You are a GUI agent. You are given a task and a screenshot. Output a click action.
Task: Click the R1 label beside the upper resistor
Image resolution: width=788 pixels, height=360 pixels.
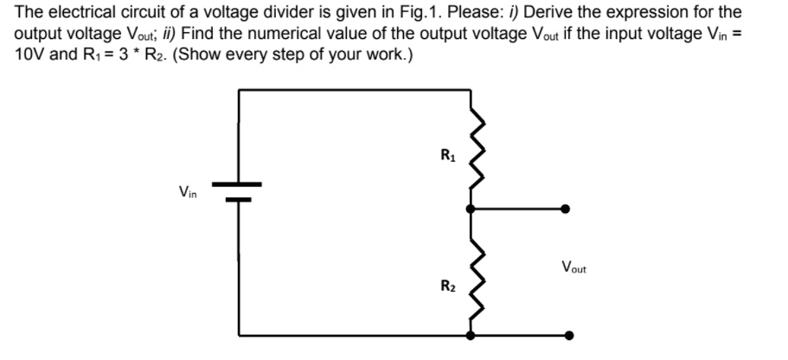point(447,157)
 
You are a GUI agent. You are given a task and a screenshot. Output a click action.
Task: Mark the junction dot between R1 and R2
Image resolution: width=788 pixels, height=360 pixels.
point(471,209)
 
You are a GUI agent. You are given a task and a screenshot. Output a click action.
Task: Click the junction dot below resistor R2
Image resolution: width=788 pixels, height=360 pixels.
point(471,335)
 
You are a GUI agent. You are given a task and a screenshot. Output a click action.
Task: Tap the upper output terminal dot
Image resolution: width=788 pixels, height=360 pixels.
point(565,209)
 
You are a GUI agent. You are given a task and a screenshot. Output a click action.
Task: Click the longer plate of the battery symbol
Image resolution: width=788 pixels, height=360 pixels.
point(238,184)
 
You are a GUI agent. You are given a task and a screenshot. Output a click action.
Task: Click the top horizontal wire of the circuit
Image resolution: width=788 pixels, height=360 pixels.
point(355,88)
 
